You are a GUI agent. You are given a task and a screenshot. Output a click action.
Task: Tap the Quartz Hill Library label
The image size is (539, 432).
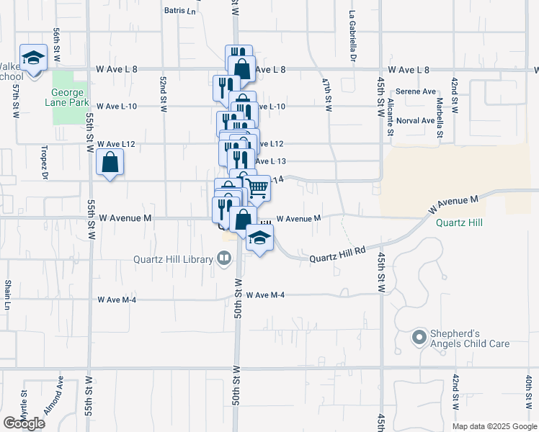pyautogui.click(x=171, y=260)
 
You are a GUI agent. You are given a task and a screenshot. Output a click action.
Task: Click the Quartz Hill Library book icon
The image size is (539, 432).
pyautogui.click(x=224, y=258)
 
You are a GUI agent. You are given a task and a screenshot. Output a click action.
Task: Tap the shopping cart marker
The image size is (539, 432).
pyautogui.click(x=259, y=189)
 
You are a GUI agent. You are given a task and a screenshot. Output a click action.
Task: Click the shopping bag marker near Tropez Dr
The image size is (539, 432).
pyautogui.click(x=109, y=163)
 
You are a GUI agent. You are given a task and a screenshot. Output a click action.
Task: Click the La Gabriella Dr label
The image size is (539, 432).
pyautogui.click(x=353, y=35)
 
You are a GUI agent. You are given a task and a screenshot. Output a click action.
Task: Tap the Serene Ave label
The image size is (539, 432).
pyautogui.click(x=416, y=92)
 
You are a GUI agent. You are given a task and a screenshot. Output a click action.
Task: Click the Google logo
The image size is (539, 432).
pyautogui.click(x=24, y=423)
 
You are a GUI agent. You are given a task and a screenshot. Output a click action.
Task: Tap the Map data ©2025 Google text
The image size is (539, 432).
pyautogui.click(x=494, y=426)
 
